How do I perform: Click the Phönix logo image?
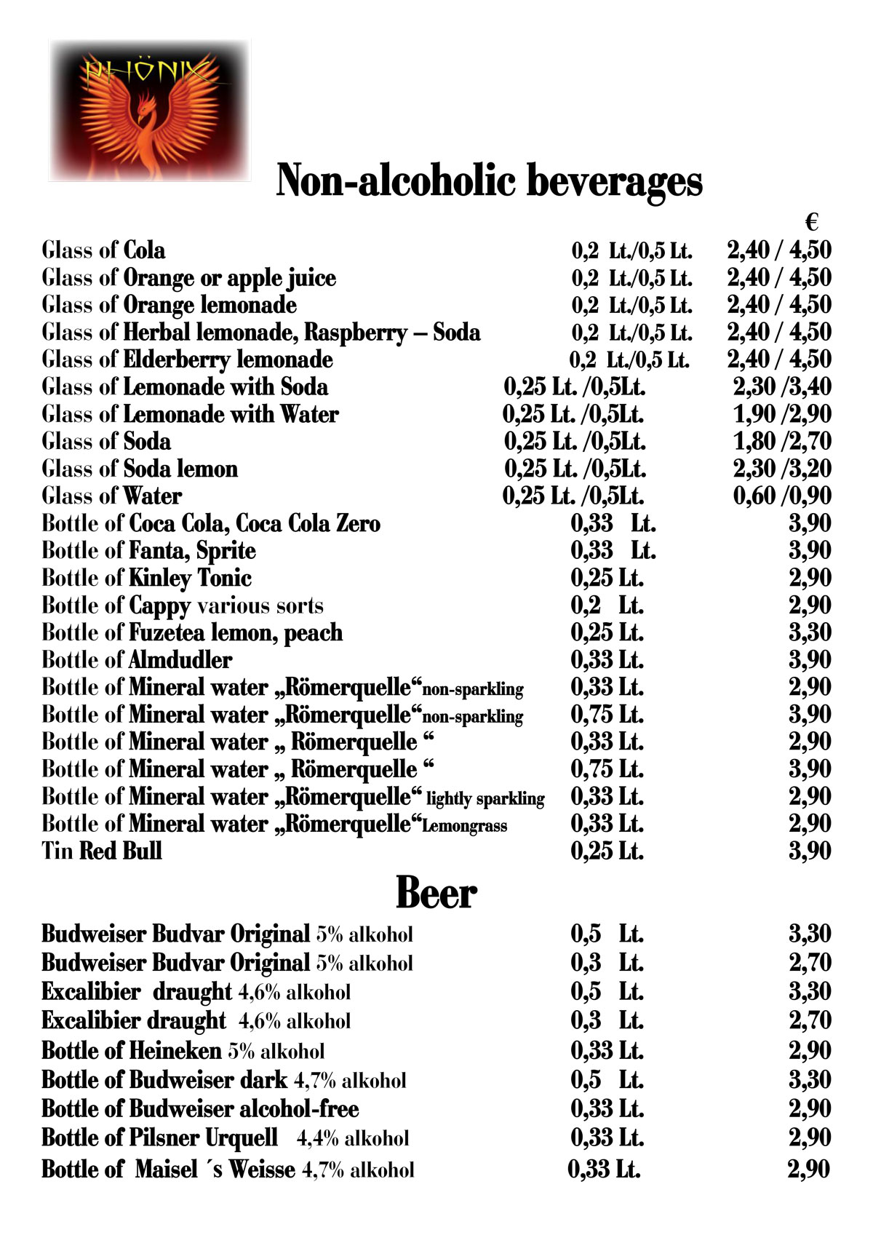(x=149, y=110)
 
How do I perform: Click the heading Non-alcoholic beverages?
(x=489, y=180)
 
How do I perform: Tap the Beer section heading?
(x=436, y=892)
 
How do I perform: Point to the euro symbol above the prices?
(x=813, y=222)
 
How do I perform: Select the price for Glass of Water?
(x=781, y=496)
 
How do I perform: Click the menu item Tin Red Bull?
(x=102, y=851)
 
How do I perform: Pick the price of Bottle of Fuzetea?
(x=810, y=632)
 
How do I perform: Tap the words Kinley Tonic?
(x=190, y=579)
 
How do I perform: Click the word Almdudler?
(x=180, y=660)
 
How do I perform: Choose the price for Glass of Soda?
(x=781, y=442)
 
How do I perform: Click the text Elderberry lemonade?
(x=228, y=360)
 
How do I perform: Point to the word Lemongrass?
(x=464, y=826)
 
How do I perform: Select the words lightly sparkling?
(x=485, y=798)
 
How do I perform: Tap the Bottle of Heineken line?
(x=183, y=1051)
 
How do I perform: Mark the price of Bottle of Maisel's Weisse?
(x=808, y=1170)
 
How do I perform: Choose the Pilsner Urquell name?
(x=203, y=1137)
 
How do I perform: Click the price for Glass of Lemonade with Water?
(x=781, y=414)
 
